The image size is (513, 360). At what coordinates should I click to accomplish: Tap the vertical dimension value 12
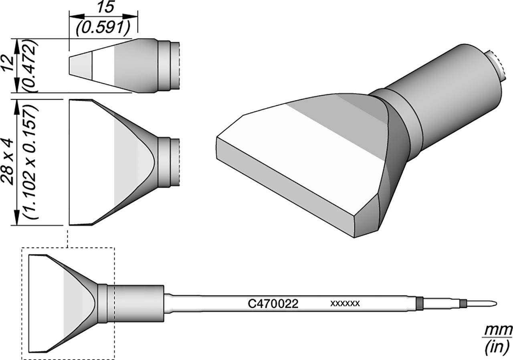tap(9, 64)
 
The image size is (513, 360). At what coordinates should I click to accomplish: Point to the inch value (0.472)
tap(32, 66)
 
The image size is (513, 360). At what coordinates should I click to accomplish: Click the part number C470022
tap(273, 304)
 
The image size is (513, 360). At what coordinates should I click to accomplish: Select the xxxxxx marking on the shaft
tap(345, 303)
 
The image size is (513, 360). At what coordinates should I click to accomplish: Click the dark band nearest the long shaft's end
tap(420, 303)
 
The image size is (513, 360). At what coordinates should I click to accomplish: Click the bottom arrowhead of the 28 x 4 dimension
tap(16, 220)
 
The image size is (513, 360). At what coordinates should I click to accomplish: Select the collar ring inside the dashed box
tap(103, 303)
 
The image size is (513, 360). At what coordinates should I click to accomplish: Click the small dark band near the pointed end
tap(463, 303)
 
